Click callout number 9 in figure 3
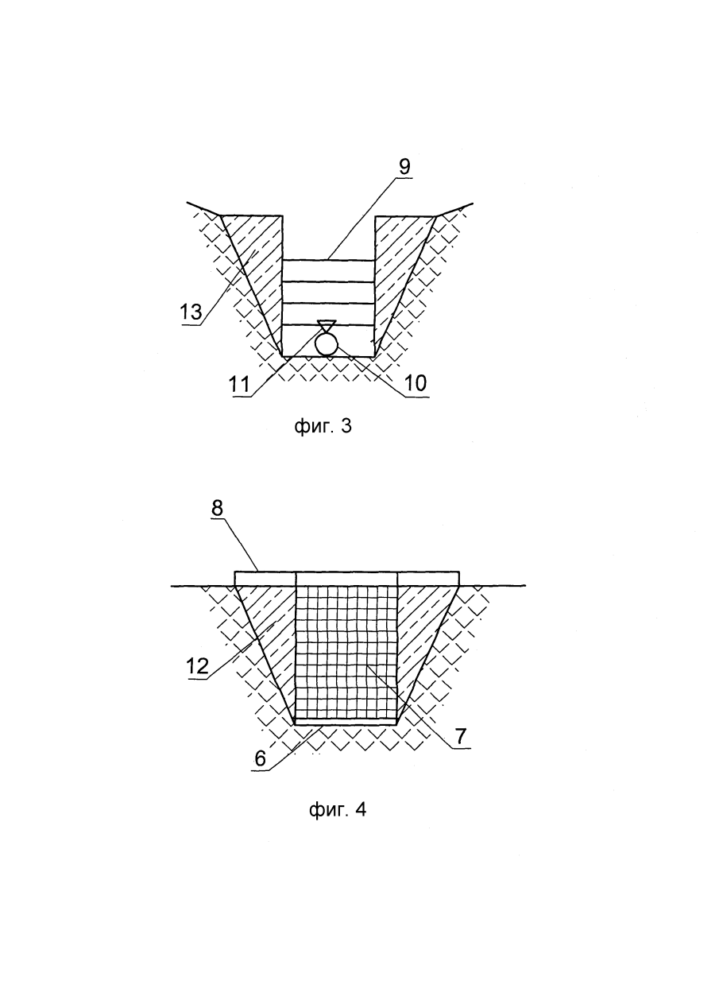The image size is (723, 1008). (x=404, y=168)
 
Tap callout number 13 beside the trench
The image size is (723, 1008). (x=191, y=312)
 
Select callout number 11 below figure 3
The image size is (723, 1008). (x=239, y=386)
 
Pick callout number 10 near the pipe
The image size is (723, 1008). (x=416, y=383)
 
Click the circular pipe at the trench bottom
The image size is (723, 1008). (x=327, y=345)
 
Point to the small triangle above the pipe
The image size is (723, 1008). (x=327, y=326)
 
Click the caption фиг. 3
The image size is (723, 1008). (x=323, y=426)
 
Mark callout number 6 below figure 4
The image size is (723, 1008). (x=261, y=758)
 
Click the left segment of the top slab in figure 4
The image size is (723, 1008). (x=265, y=578)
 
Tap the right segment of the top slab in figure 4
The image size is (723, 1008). (x=428, y=578)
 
